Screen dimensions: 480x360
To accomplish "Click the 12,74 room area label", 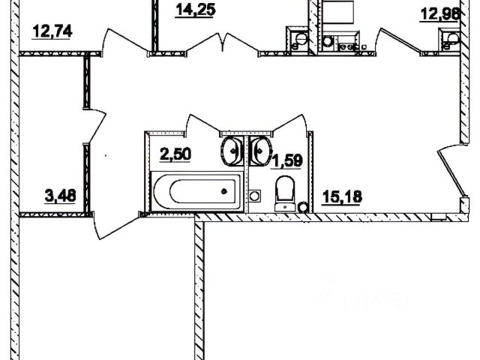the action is click(54, 31).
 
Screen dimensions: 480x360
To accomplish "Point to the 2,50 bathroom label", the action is click(175, 155).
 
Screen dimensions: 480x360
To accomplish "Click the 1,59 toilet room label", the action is click(286, 160).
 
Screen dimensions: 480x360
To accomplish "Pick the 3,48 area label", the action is click(61, 196).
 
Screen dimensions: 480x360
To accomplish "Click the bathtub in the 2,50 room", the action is click(197, 191).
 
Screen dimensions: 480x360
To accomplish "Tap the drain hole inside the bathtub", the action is click(224, 191).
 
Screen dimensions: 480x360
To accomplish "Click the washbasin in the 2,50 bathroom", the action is click(232, 151).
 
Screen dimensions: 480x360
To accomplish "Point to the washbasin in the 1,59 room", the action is click(259, 151).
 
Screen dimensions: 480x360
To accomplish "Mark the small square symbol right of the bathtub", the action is click(255, 196).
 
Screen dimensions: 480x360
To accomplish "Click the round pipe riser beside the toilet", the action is click(304, 206).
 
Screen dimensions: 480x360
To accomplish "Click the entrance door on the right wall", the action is click(450, 169).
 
